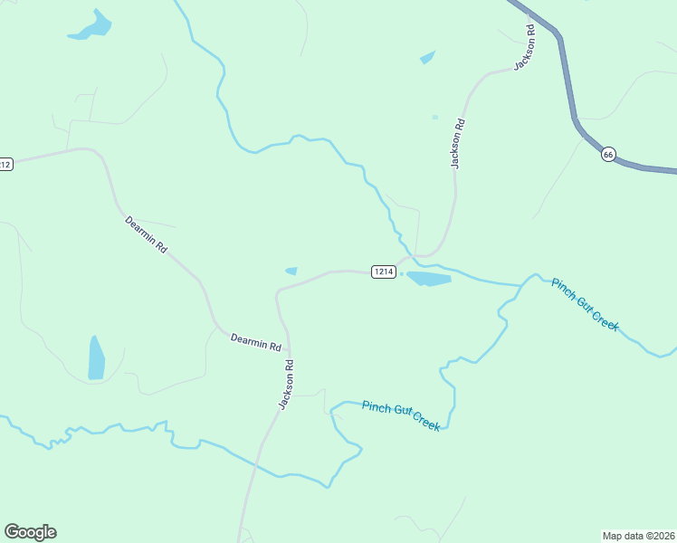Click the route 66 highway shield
(608, 154)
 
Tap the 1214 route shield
(384, 271)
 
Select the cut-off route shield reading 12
(5, 164)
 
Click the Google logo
(30, 532)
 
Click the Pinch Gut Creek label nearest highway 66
(585, 304)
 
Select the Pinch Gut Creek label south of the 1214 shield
(401, 415)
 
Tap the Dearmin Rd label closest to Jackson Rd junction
(255, 341)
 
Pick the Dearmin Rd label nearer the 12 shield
(147, 233)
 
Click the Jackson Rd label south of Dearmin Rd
(287, 385)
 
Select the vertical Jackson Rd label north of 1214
(458, 143)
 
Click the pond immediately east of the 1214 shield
(428, 279)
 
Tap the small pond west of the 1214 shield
(291, 271)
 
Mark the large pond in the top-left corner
(91, 27)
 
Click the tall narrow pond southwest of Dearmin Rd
(96, 357)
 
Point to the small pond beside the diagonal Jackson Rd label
(427, 58)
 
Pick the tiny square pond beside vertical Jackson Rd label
(435, 117)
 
